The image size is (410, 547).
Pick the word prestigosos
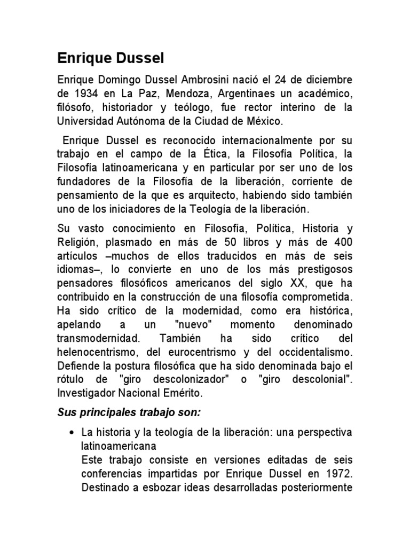tap(314, 269)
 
